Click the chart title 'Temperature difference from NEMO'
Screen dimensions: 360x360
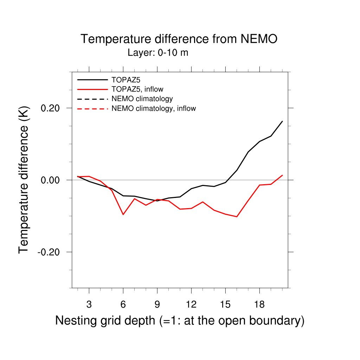point(179,39)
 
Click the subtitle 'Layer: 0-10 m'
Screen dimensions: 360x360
point(158,53)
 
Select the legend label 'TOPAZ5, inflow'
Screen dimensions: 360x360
point(137,89)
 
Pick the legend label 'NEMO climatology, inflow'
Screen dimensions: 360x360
point(154,108)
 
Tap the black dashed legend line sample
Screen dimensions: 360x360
point(92,99)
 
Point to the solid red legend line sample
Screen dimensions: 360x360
point(92,89)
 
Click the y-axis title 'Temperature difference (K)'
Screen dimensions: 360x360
point(24,180)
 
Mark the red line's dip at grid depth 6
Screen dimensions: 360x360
point(123,214)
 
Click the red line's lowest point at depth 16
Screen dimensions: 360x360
point(237,217)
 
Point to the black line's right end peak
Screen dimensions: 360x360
point(282,121)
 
